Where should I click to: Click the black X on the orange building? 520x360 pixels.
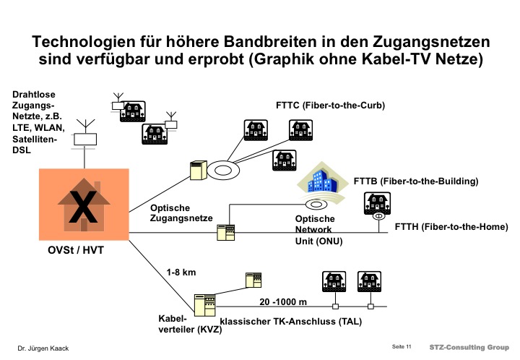tap(84, 206)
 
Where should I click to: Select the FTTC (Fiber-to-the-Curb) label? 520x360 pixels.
tap(330, 105)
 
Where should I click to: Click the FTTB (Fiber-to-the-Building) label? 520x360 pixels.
tap(417, 180)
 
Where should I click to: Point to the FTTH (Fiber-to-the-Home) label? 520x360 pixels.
tap(451, 226)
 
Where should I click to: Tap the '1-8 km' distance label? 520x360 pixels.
tap(181, 273)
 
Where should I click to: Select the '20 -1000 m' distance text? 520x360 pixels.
tap(283, 301)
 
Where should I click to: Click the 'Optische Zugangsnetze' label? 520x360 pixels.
tap(181, 212)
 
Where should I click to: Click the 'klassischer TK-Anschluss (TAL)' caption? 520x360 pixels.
tap(300, 320)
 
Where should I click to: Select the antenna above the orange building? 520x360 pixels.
tap(86, 134)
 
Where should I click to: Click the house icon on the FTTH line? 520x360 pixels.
tap(377, 204)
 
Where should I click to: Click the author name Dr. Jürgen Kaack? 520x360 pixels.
tap(43, 349)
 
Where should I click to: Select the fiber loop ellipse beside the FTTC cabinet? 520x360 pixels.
tap(224, 171)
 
